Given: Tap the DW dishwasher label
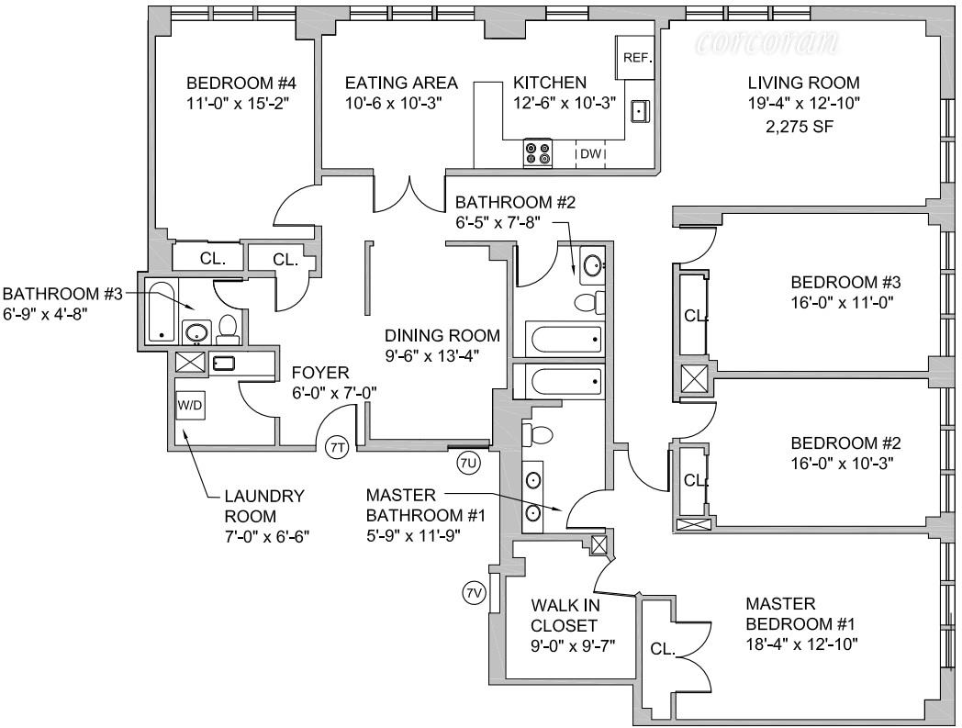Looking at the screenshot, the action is click(590, 154).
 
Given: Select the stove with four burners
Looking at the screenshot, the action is click(537, 152).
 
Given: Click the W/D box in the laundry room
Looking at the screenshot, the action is click(191, 404).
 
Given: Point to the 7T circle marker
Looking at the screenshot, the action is click(337, 447).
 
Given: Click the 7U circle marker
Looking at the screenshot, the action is click(468, 462).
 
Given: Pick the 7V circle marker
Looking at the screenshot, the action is click(474, 593).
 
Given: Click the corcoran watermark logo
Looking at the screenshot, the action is click(767, 42).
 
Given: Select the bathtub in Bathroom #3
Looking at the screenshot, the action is click(162, 312).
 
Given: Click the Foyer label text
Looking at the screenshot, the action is click(320, 373).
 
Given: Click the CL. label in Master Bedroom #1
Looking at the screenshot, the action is click(663, 649).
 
